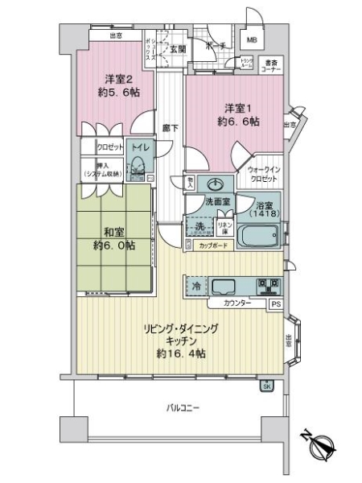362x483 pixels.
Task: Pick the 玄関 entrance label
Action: click(x=177, y=49)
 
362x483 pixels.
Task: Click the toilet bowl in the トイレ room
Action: click(x=138, y=170)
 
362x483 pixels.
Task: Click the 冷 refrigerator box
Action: click(x=195, y=286)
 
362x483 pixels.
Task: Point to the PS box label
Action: click(x=275, y=304)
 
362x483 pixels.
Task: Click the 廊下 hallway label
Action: click(x=169, y=126)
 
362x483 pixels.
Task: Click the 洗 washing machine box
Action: click(x=199, y=227)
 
